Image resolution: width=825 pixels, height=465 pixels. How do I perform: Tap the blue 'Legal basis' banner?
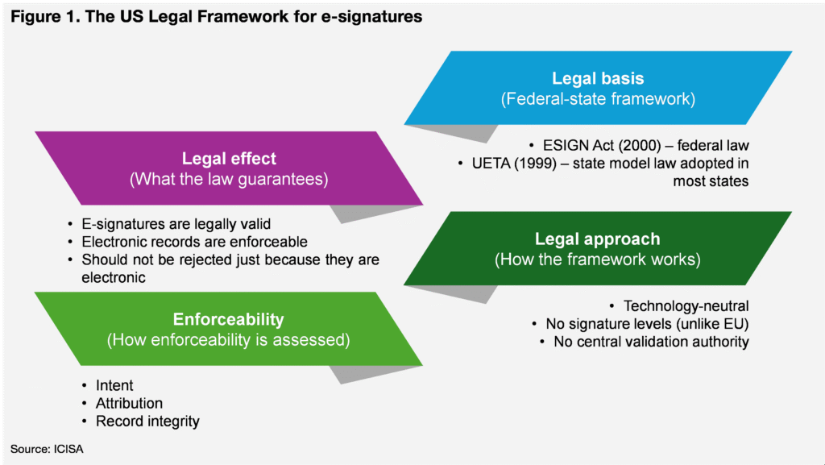pyautogui.click(x=599, y=88)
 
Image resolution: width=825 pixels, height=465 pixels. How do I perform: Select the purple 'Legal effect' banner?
pyautogui.click(x=229, y=168)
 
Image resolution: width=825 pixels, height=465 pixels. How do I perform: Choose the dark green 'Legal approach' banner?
pyautogui.click(x=598, y=248)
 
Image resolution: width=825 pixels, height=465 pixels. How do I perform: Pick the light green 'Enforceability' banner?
pyautogui.click(x=228, y=329)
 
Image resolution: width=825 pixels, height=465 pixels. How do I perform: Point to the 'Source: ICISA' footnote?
pyautogui.click(x=47, y=449)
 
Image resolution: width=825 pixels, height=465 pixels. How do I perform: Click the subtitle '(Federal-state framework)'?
pyautogui.click(x=599, y=99)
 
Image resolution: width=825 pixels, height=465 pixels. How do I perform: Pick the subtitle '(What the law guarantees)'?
pyautogui.click(x=229, y=180)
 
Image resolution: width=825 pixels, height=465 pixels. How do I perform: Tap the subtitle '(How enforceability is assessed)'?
pyautogui.click(x=228, y=340)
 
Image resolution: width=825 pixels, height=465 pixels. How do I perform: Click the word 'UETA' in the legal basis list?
pyautogui.click(x=491, y=164)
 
